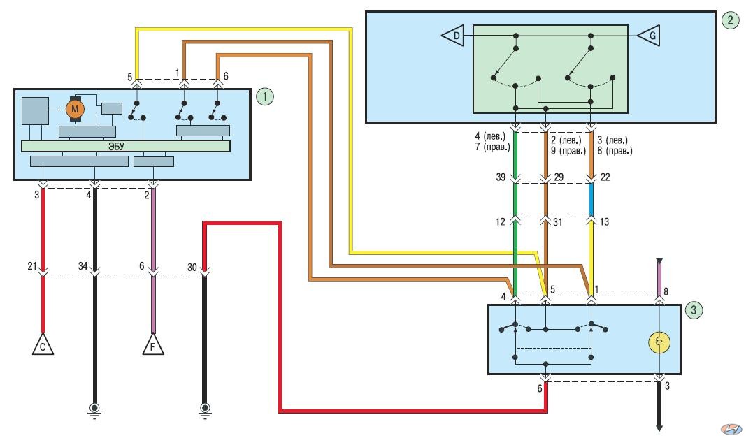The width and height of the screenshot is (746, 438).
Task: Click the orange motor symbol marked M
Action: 75,110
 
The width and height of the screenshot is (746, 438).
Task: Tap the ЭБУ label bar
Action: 126,146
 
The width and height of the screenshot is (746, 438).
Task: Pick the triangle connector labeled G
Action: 649,36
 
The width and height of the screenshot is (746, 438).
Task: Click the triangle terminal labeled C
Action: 43,345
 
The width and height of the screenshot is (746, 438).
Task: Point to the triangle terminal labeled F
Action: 153,345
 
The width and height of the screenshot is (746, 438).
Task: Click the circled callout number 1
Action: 265,97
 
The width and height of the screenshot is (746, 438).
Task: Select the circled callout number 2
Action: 731,20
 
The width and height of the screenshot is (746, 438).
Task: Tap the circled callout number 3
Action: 693,310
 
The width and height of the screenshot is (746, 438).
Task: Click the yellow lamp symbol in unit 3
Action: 659,342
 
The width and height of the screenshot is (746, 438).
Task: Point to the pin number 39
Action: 501,177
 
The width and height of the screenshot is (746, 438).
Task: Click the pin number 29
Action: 559,177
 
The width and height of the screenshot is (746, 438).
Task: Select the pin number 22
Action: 605,177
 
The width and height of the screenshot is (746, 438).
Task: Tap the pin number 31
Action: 558,222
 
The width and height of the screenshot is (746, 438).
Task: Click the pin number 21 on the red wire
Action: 32,266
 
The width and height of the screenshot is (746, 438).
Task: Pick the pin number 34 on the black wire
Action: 83,266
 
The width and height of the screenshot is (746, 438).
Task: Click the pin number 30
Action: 192,268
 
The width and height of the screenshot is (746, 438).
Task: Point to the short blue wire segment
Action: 591,199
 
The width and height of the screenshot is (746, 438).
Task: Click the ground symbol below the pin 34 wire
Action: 94,410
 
